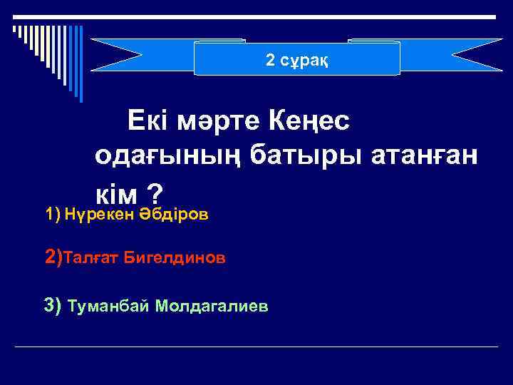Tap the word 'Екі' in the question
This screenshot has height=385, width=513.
(148, 122)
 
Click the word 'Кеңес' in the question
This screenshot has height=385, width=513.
(309, 122)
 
